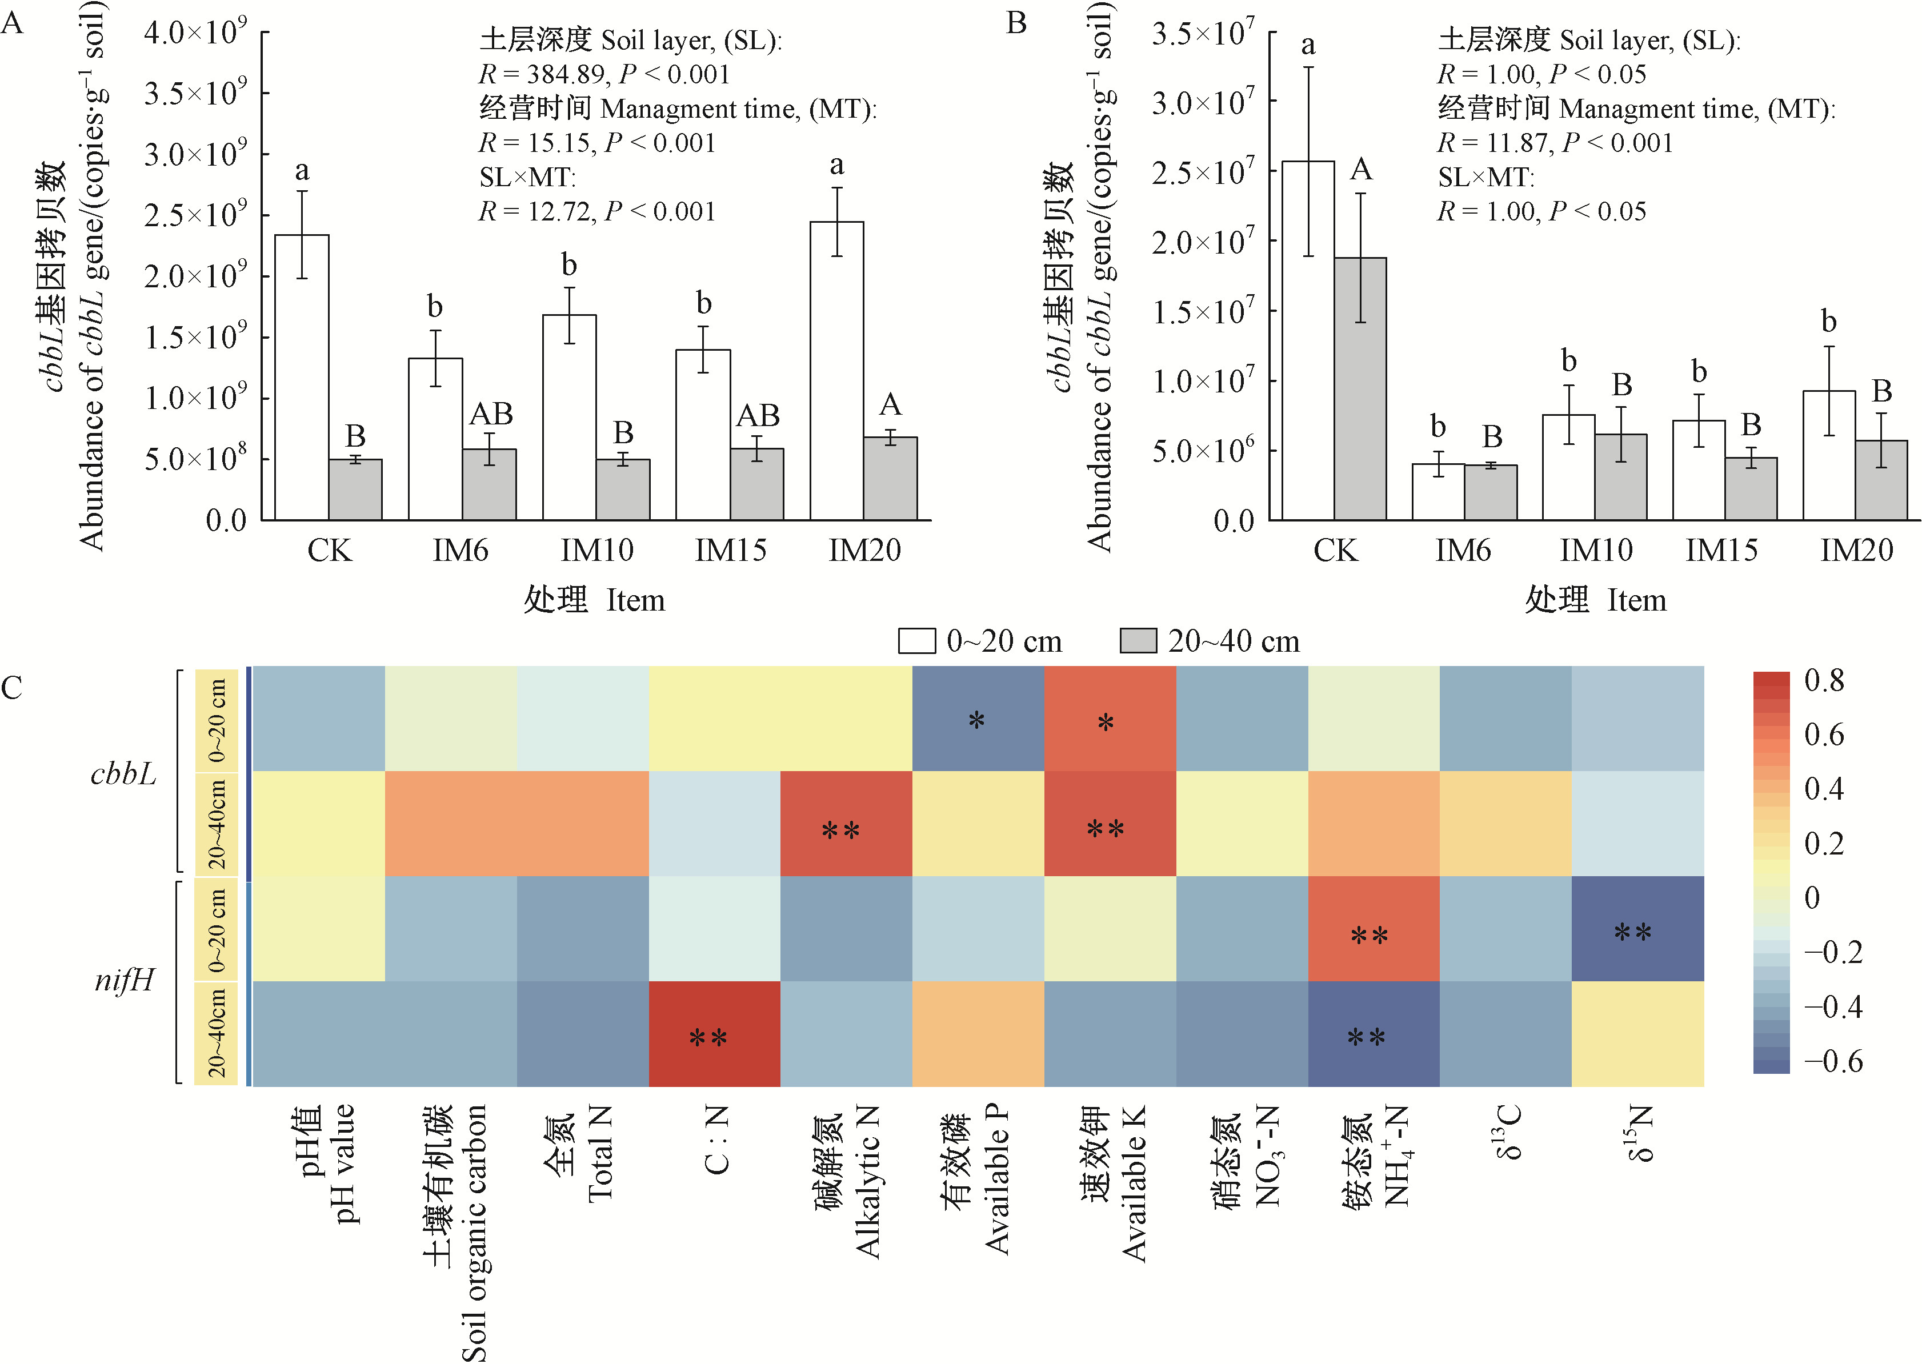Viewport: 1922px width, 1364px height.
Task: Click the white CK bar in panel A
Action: [302, 378]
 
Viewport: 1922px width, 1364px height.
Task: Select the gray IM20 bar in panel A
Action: [890, 479]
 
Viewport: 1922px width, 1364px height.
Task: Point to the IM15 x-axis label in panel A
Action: [730, 550]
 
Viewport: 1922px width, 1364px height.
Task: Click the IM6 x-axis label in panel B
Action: [1463, 550]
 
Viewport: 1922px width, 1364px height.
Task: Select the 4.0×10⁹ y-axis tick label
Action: [195, 34]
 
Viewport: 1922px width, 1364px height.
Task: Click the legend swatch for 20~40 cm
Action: [1138, 641]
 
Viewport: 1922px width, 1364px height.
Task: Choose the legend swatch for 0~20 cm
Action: [916, 641]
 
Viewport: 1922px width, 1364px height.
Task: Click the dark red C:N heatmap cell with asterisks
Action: [714, 1033]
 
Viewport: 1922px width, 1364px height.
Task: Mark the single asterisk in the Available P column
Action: [976, 720]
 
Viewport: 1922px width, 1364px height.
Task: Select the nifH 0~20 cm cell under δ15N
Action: [1637, 928]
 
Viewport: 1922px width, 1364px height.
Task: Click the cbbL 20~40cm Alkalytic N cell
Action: [846, 823]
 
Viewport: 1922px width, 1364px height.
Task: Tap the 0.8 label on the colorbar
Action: [1824, 680]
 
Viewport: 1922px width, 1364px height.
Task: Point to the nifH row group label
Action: [125, 980]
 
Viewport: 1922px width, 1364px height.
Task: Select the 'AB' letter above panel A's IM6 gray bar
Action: [491, 414]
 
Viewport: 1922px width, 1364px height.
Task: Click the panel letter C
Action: [12, 688]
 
